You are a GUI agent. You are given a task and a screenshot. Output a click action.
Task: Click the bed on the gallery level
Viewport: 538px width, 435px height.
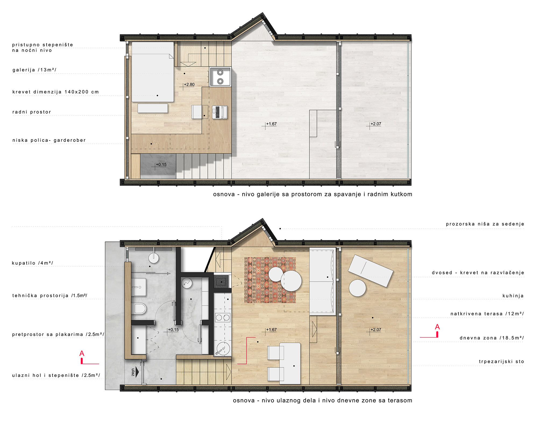pos(153,72)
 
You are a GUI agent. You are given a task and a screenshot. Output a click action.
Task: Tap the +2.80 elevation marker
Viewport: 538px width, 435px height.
pos(189,85)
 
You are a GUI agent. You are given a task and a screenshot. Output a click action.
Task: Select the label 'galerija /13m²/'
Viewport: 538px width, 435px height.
pos(34,70)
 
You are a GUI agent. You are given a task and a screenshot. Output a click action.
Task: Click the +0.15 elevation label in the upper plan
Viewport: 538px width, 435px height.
pos(161,164)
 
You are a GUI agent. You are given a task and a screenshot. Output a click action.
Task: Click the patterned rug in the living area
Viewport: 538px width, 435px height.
pos(270,280)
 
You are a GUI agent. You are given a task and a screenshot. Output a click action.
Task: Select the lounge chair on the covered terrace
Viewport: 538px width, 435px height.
pos(371,271)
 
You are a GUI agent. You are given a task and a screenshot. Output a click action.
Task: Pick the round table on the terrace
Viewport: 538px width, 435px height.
pos(358,288)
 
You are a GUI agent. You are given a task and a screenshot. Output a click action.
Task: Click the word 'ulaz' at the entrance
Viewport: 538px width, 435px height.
pos(133,372)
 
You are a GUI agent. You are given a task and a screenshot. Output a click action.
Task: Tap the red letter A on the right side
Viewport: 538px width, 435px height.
pos(437,327)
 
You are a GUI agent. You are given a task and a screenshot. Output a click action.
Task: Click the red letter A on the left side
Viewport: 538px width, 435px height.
pos(82,353)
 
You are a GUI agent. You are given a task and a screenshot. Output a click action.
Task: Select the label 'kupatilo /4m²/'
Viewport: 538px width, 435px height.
pos(33,263)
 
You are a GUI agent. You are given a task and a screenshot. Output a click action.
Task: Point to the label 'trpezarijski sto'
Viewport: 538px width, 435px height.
pos(502,362)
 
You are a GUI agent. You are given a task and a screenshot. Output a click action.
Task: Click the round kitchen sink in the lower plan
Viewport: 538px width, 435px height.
pos(223,349)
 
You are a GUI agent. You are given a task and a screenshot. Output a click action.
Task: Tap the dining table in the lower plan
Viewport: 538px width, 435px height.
pos(290,363)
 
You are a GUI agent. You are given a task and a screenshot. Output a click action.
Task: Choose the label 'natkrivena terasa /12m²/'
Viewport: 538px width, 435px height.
pos(487,314)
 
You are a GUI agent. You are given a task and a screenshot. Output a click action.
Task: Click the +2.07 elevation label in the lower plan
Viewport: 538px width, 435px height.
pos(376,330)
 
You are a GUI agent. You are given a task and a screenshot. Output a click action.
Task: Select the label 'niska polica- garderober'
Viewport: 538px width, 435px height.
pos(49,140)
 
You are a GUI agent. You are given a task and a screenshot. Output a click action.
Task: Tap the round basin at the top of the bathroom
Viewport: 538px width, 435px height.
pos(154,258)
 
